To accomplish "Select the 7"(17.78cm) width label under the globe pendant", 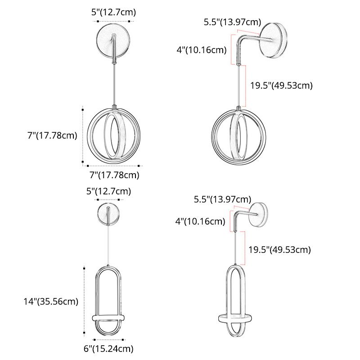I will tap(113, 175).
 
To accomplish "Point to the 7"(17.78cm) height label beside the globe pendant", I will tap(52, 135).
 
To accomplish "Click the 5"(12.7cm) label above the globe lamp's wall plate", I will tap(113, 13).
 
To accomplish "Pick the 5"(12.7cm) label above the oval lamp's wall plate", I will tap(109, 191).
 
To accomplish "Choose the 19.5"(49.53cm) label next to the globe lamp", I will tap(281, 85).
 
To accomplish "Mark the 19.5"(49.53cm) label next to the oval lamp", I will tap(279, 249).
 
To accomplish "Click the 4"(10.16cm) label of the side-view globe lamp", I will tap(201, 49).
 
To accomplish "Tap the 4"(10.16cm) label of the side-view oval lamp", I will tap(200, 221).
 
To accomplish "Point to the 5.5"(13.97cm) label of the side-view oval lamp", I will tap(222, 199).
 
